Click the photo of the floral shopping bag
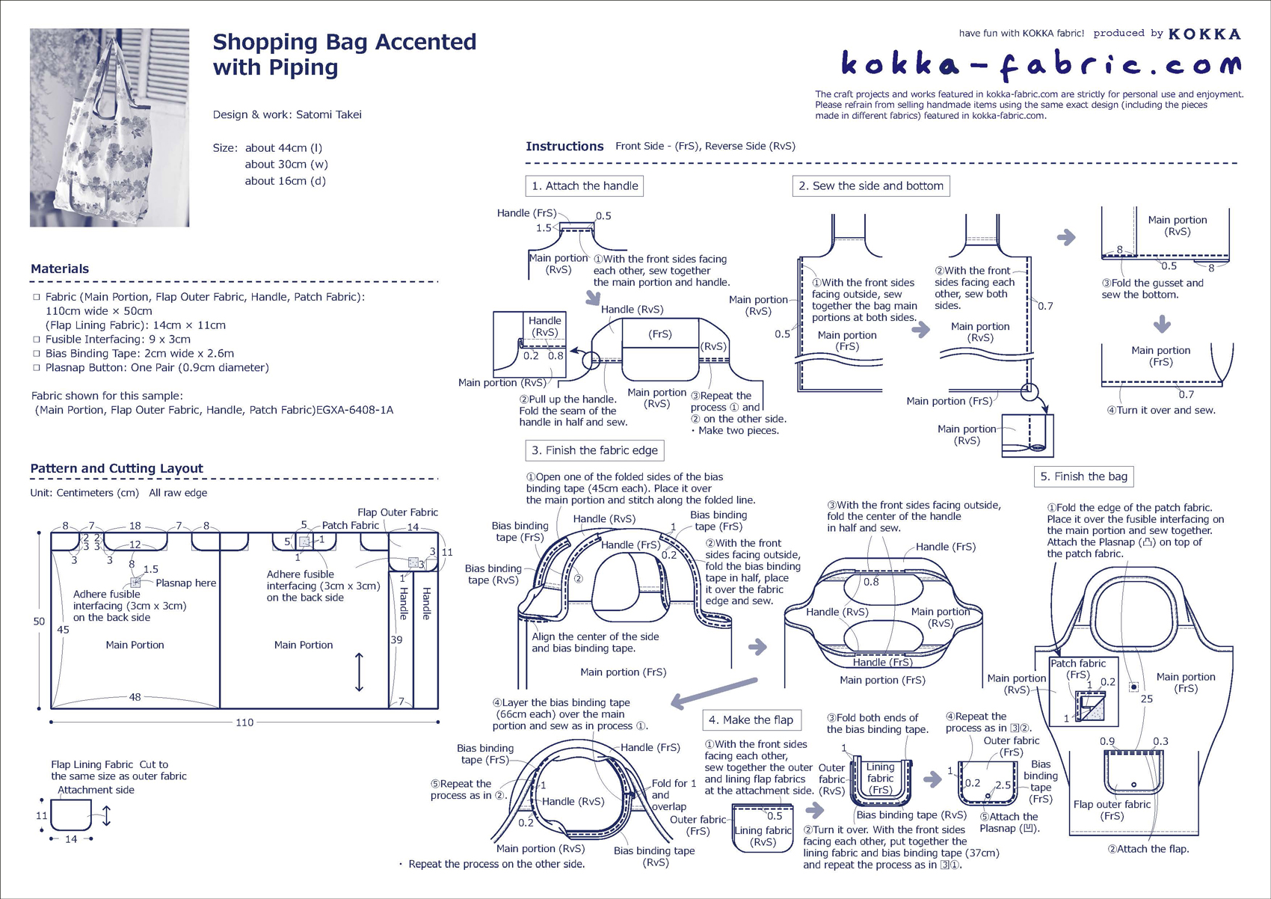point(109,127)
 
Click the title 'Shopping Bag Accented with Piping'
point(344,54)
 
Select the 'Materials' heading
point(60,269)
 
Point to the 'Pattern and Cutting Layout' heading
point(117,468)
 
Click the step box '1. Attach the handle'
point(585,185)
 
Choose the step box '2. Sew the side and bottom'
point(870,185)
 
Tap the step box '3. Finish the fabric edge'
point(594,450)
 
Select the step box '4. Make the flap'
point(751,719)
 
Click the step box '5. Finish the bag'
point(1083,476)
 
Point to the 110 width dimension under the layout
point(244,722)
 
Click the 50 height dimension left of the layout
point(39,621)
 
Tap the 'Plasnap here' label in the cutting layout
point(185,583)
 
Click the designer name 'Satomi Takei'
point(328,114)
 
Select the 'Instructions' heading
point(564,147)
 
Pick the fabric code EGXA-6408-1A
point(354,410)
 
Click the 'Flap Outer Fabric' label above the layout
point(397,512)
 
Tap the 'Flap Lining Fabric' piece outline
point(71,814)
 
